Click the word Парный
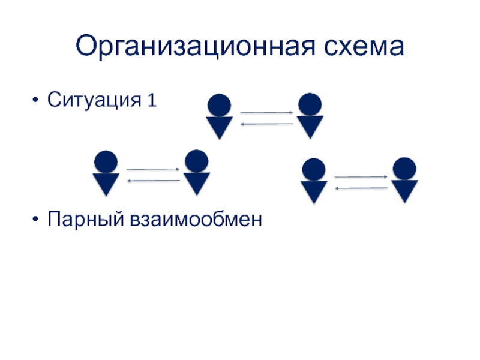[83, 220]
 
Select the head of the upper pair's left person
[219, 105]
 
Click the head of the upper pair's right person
[310, 104]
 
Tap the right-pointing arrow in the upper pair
[266, 113]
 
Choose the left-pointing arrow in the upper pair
[266, 124]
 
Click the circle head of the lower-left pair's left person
[106, 162]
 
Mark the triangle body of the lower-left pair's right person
[196, 182]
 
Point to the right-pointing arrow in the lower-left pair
[153, 169]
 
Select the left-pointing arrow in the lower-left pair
[153, 181]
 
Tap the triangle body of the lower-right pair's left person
[313, 191]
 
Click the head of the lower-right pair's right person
[404, 168]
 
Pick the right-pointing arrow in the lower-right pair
[360, 177]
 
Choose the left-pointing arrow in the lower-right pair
[360, 188]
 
